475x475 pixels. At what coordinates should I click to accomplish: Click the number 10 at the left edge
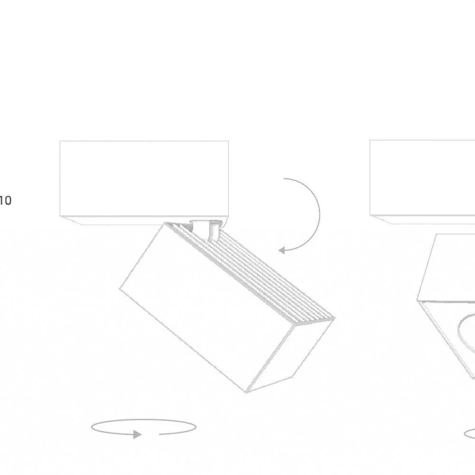5,200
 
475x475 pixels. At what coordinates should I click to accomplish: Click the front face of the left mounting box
144,179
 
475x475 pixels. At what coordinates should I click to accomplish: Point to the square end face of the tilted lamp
290,355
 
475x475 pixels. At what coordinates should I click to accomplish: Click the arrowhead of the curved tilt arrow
281,250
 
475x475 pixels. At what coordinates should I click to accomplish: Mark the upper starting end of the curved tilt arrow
284,179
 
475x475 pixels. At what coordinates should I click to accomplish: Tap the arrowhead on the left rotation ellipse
137,434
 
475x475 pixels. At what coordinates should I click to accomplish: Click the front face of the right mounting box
422,178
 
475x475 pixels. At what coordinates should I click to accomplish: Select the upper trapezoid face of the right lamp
446,268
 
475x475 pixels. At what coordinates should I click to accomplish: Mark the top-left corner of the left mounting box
60,141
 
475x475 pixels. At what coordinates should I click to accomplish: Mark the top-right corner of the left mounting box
228,141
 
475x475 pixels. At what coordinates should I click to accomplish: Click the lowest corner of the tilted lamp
246,392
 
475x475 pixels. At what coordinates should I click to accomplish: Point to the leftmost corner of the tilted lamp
120,288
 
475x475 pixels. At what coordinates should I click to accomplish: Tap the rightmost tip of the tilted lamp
335,318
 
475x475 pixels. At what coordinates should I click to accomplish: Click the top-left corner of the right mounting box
370,140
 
